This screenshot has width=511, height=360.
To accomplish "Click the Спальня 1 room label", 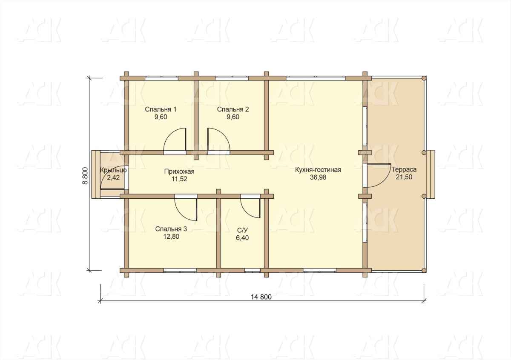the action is pos(161,109).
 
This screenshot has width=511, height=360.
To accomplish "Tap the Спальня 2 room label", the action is pos(233,109).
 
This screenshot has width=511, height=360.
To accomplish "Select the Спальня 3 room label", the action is pos(171,229).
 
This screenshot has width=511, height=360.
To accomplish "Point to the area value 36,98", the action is pos(318,177).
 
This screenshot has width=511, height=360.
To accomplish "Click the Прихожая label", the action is pos(179,171).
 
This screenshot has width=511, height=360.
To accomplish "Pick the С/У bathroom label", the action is pos(242,230).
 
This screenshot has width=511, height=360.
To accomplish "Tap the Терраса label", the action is pos(404,170).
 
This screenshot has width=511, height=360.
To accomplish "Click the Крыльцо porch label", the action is pos(113,170).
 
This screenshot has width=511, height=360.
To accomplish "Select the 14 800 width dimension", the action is pos(261,297).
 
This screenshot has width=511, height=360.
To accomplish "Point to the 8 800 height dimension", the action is pos(85,176).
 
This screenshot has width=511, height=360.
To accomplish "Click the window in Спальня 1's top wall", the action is pos(161,78).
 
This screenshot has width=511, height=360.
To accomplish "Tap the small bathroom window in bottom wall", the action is pos(253,270).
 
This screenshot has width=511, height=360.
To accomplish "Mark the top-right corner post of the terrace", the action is pos(424,78).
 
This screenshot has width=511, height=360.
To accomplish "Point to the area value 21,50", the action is pos(404,177).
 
